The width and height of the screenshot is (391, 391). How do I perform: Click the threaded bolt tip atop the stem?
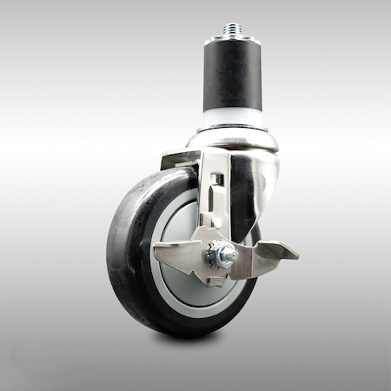(x=232, y=29)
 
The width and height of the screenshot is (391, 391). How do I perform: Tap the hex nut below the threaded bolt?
(x=232, y=38)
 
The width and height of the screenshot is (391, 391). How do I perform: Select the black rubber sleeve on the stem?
(x=232, y=78)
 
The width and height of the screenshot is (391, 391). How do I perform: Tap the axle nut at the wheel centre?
(x=224, y=255)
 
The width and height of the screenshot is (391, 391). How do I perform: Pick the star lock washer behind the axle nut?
(x=212, y=258)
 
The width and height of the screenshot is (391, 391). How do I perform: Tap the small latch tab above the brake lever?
(x=218, y=223)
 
